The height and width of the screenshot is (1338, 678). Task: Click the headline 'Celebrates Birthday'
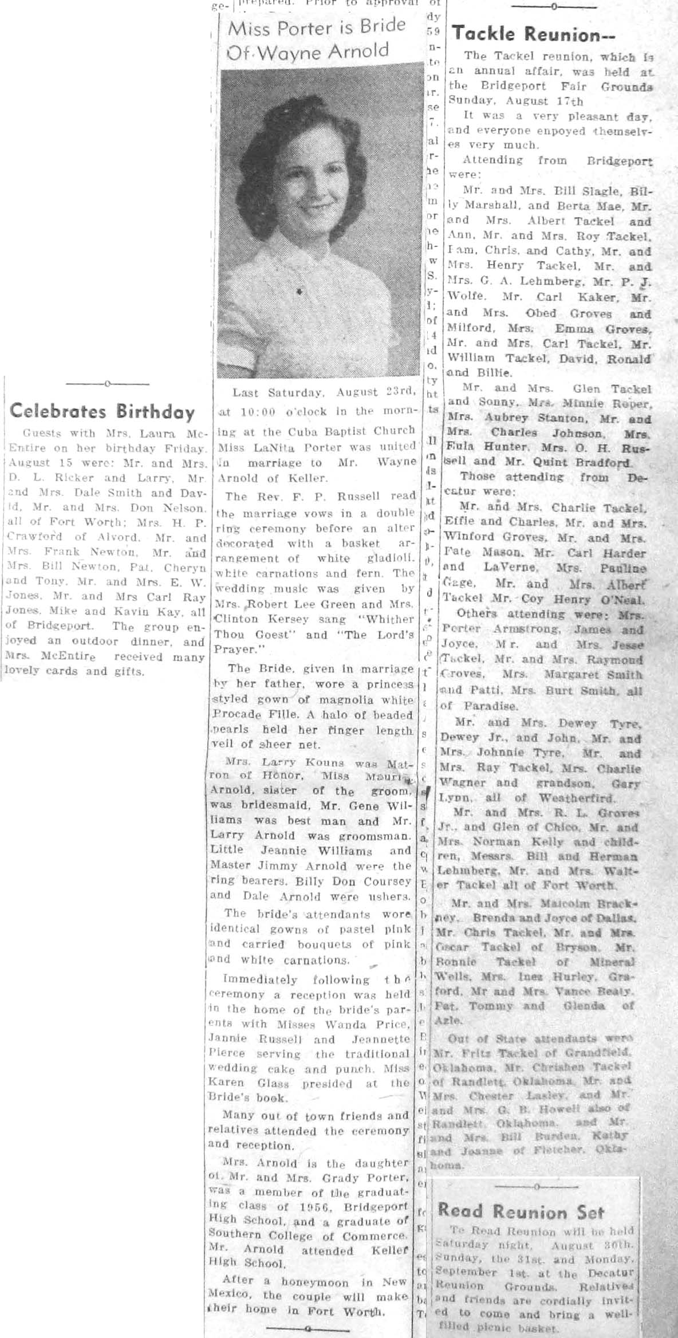coord(103,412)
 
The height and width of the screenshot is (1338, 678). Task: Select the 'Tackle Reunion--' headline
coord(533,35)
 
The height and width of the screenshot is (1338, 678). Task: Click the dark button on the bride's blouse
coord(299,292)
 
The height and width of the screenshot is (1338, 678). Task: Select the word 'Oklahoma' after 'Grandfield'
coord(460,1067)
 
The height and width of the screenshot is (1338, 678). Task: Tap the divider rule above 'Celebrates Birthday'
coord(108,383)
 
